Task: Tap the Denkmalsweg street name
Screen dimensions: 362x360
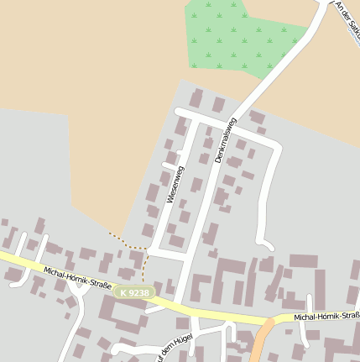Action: point(225,140)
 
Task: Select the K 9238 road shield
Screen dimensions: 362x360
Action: point(135,292)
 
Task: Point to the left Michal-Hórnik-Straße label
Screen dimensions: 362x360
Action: point(78,279)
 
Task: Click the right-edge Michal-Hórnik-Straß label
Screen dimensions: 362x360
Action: point(327,317)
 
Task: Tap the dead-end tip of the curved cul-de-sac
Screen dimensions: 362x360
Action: point(268,246)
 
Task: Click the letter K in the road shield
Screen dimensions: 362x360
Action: point(124,292)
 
